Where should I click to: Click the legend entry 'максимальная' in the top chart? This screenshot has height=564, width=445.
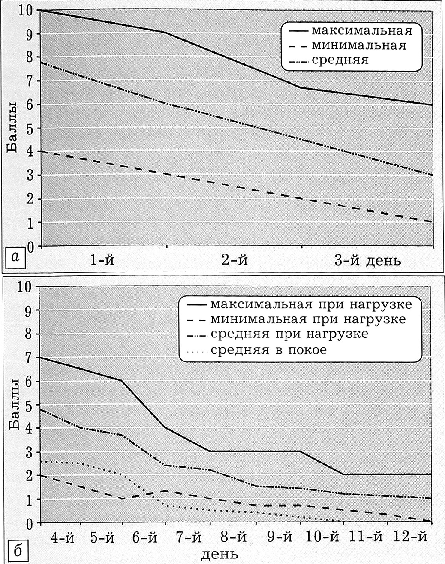click(361, 31)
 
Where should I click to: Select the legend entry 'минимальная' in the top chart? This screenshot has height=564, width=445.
click(358, 45)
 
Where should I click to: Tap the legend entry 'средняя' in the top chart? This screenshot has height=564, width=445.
click(340, 60)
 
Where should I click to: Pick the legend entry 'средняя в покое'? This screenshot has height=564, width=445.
click(268, 350)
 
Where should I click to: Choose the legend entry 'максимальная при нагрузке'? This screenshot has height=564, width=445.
click(311, 305)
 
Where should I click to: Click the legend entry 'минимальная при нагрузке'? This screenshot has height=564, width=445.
click(308, 320)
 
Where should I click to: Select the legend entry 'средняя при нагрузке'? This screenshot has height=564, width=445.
click(289, 334)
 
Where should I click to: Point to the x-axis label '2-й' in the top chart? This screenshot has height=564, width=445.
click(235, 260)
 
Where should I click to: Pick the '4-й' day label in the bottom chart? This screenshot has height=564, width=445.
click(63, 537)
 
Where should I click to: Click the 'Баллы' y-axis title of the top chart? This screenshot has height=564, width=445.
click(13, 128)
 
